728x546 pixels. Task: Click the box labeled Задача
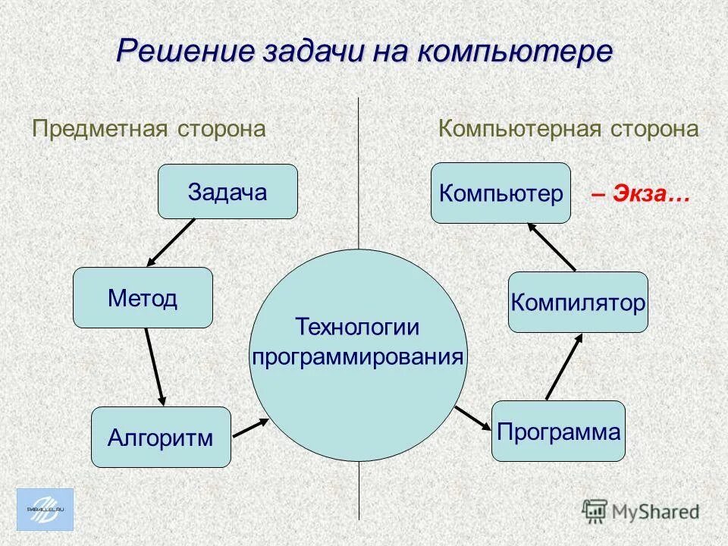[x=227, y=192]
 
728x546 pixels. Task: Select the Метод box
[x=143, y=297]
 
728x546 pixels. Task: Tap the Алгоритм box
[x=161, y=437]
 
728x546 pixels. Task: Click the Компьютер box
[x=500, y=193]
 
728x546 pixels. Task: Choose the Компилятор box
[x=578, y=302]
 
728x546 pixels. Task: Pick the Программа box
[x=558, y=431]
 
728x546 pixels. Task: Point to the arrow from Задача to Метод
[x=171, y=241]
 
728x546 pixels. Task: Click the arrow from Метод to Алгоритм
[x=154, y=366]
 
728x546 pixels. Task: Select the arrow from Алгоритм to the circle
[x=251, y=427]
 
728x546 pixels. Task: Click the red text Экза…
[x=640, y=194]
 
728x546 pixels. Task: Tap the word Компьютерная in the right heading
[x=521, y=129]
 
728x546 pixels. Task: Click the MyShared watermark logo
[x=641, y=510]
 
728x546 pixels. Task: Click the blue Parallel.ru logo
[x=45, y=509]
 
